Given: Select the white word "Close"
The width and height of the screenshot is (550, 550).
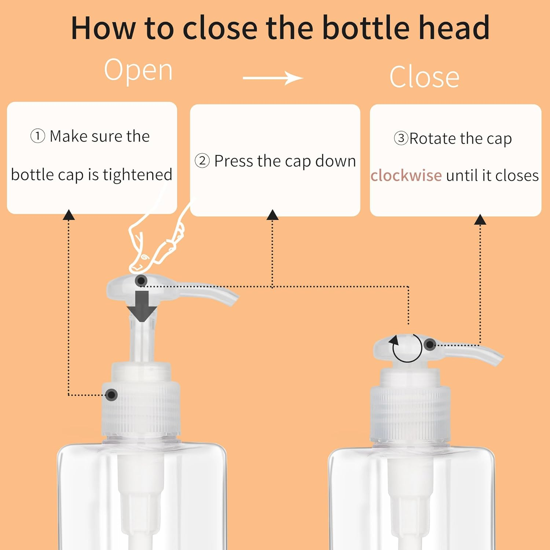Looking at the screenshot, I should point(424,77).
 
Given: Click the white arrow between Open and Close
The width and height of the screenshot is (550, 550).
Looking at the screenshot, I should point(273,78).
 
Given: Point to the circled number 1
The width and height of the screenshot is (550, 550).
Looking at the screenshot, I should point(37,136).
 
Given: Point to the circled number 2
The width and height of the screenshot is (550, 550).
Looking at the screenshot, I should point(202,161).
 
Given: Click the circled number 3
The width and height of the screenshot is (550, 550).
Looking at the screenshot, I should point(401,138).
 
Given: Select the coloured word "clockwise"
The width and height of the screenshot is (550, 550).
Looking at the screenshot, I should point(406,175).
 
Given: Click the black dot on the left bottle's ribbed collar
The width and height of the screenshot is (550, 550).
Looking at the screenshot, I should point(111,395).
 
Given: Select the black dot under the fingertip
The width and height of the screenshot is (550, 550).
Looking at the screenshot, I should point(141,281).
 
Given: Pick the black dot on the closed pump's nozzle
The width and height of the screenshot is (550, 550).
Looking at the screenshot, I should point(430,344).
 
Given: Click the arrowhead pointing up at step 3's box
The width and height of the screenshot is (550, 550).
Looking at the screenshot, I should point(480,220).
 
